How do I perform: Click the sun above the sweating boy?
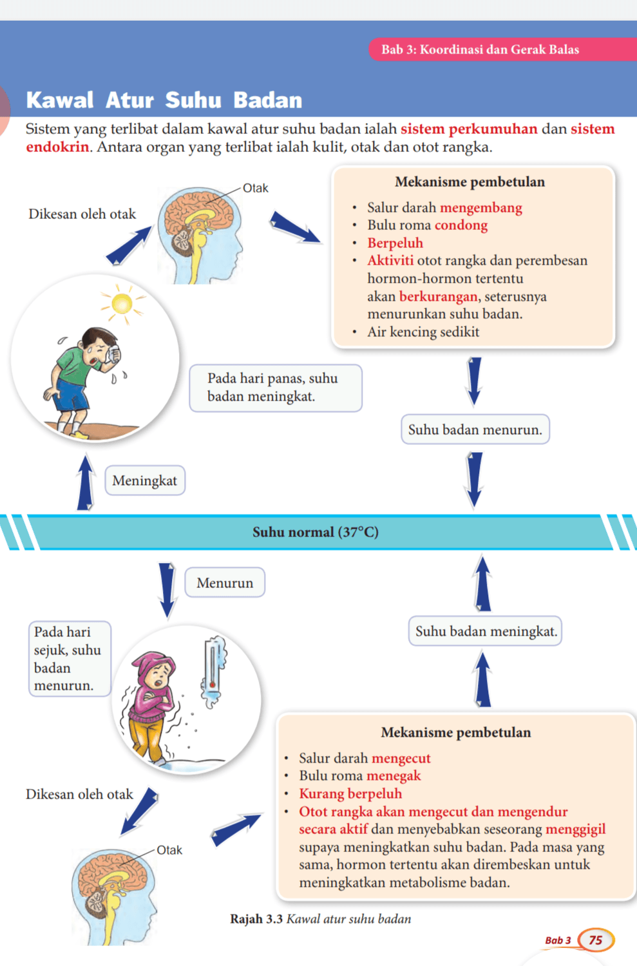pos(122,303)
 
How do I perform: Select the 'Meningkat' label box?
pos(145,480)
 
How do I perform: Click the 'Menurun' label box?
pos(225,583)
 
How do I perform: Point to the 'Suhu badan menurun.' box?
pos(475,430)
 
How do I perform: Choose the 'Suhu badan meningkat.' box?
pos(486,631)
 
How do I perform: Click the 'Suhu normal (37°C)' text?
pos(316,532)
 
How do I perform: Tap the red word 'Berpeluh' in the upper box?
pos(395,243)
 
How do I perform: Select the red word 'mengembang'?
pos(480,207)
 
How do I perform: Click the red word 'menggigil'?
pos(575,829)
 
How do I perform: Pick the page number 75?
pos(596,940)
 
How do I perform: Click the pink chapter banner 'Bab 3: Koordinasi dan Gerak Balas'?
pos(480,50)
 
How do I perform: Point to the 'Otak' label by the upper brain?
pos(255,188)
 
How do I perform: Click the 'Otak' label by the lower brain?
pos(169,850)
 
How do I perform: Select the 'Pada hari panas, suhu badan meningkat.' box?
pos(275,388)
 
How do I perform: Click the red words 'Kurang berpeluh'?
pos(350,793)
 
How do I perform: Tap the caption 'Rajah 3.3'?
pos(256,919)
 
